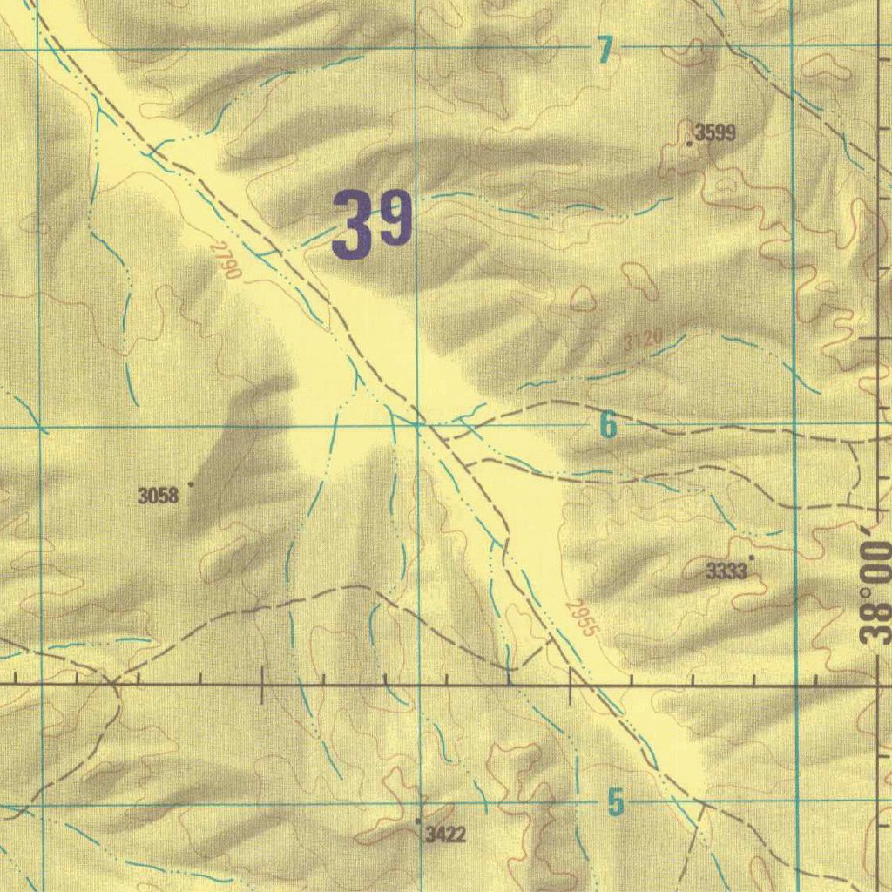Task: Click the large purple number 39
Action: (372, 225)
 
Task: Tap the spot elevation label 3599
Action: (716, 133)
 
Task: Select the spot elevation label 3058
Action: (158, 497)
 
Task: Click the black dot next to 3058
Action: (190, 483)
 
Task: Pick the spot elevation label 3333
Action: (726, 571)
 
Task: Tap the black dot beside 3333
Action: (752, 557)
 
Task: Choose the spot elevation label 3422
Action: (445, 835)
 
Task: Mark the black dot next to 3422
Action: (418, 821)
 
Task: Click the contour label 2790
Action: (226, 260)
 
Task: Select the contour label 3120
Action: (643, 339)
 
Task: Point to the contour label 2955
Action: (582, 618)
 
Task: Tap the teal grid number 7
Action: (605, 51)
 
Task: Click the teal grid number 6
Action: (607, 425)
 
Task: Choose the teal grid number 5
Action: (616, 802)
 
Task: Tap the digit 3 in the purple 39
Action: (351, 225)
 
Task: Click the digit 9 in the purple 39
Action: (394, 221)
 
